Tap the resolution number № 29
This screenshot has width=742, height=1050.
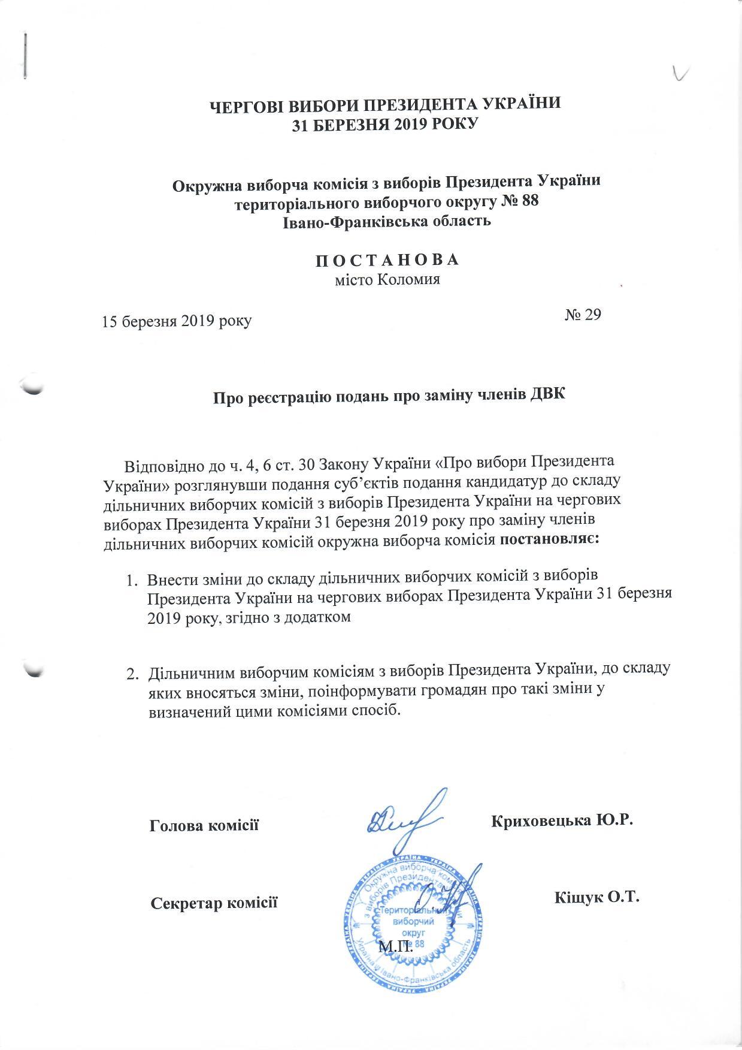pos(583,315)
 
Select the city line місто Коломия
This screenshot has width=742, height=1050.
pos(387,279)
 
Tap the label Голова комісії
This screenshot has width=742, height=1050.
pos(204,825)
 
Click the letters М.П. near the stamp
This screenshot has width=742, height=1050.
pos(396,947)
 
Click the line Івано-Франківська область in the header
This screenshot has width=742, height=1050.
pos(386,221)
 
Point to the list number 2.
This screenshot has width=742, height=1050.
pos(131,674)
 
